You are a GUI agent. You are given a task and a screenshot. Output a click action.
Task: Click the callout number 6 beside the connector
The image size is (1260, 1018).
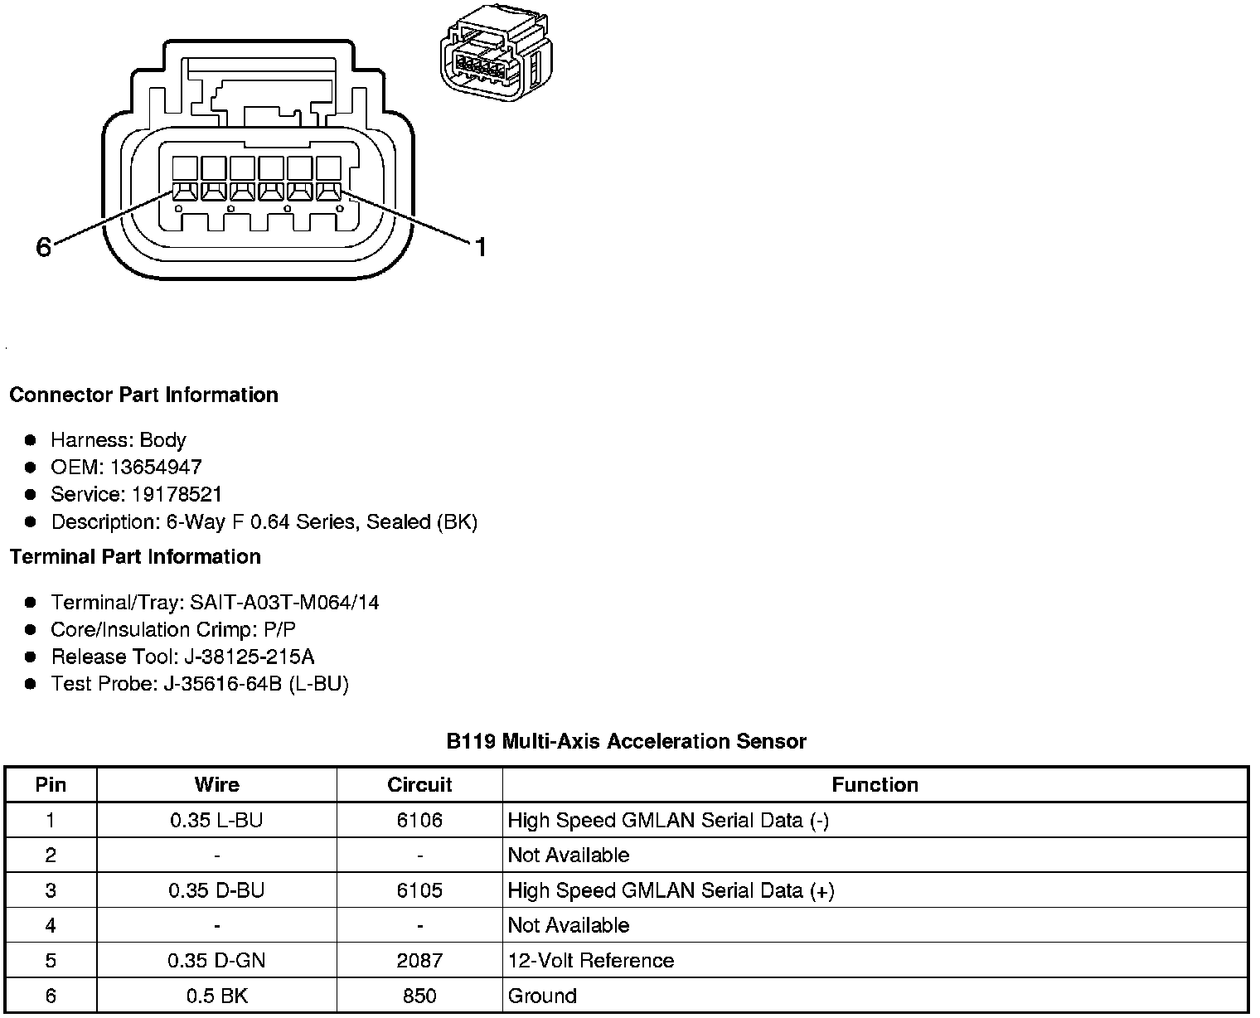44,246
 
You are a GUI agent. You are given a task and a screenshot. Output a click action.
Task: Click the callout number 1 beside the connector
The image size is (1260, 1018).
480,246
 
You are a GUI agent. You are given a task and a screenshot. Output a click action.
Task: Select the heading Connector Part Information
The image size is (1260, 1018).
143,395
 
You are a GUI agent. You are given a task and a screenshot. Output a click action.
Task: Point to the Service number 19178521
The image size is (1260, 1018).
177,495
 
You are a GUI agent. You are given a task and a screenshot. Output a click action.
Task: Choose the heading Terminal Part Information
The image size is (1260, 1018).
135,557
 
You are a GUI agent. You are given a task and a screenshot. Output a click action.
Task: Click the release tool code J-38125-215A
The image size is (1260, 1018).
246,657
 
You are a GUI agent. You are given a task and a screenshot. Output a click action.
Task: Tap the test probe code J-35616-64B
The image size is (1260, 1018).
225,685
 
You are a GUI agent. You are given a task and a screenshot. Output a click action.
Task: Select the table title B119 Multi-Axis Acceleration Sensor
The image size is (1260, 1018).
626,741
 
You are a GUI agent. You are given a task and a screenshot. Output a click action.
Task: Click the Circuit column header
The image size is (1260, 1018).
419,785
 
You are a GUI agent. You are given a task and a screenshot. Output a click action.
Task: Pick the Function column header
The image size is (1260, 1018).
875,785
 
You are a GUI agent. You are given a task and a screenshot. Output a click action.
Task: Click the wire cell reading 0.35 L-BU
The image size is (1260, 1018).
216,821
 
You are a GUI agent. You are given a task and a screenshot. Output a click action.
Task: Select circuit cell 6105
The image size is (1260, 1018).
419,891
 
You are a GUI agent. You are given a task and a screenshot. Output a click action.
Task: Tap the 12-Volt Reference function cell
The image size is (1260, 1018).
591,961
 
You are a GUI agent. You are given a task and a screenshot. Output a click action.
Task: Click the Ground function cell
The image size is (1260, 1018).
542,996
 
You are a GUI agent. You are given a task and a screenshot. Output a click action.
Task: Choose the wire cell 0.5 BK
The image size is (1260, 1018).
216,996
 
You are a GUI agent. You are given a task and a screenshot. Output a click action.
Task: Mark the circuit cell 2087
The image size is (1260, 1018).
419,961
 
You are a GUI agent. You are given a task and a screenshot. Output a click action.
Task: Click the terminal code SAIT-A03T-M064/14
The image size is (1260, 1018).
284,603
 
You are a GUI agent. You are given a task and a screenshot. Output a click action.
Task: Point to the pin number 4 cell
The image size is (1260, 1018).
51,926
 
